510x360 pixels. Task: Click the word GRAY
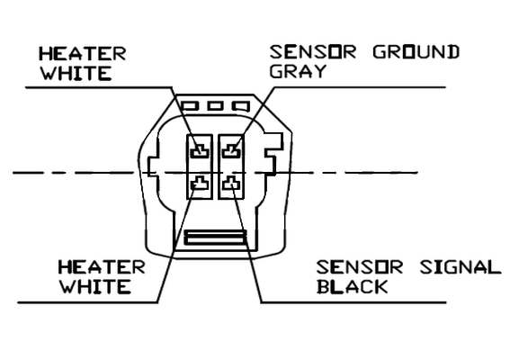[x=298, y=72]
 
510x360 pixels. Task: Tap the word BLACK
[x=353, y=287]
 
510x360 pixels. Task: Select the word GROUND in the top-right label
[x=416, y=52]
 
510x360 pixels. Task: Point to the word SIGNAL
[x=461, y=267]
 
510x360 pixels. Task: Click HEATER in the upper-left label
[x=82, y=54]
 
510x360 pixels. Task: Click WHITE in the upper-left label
[x=76, y=73]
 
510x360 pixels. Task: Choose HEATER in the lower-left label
[x=102, y=267]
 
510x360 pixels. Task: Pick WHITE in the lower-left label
[x=94, y=287]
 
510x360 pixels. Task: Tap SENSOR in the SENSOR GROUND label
[x=313, y=52]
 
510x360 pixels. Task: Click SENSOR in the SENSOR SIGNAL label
[x=360, y=267]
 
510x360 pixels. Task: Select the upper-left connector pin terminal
[x=200, y=151]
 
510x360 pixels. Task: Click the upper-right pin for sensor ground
[x=231, y=151]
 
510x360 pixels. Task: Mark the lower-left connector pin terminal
[x=200, y=183]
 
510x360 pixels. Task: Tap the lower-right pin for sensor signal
[x=231, y=183]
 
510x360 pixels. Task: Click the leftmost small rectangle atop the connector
[x=190, y=106]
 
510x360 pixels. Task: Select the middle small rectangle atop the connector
[x=216, y=106]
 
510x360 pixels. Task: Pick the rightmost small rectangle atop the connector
[x=241, y=106]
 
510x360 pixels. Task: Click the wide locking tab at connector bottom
[x=215, y=238]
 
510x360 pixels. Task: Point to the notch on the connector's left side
[x=153, y=167]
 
